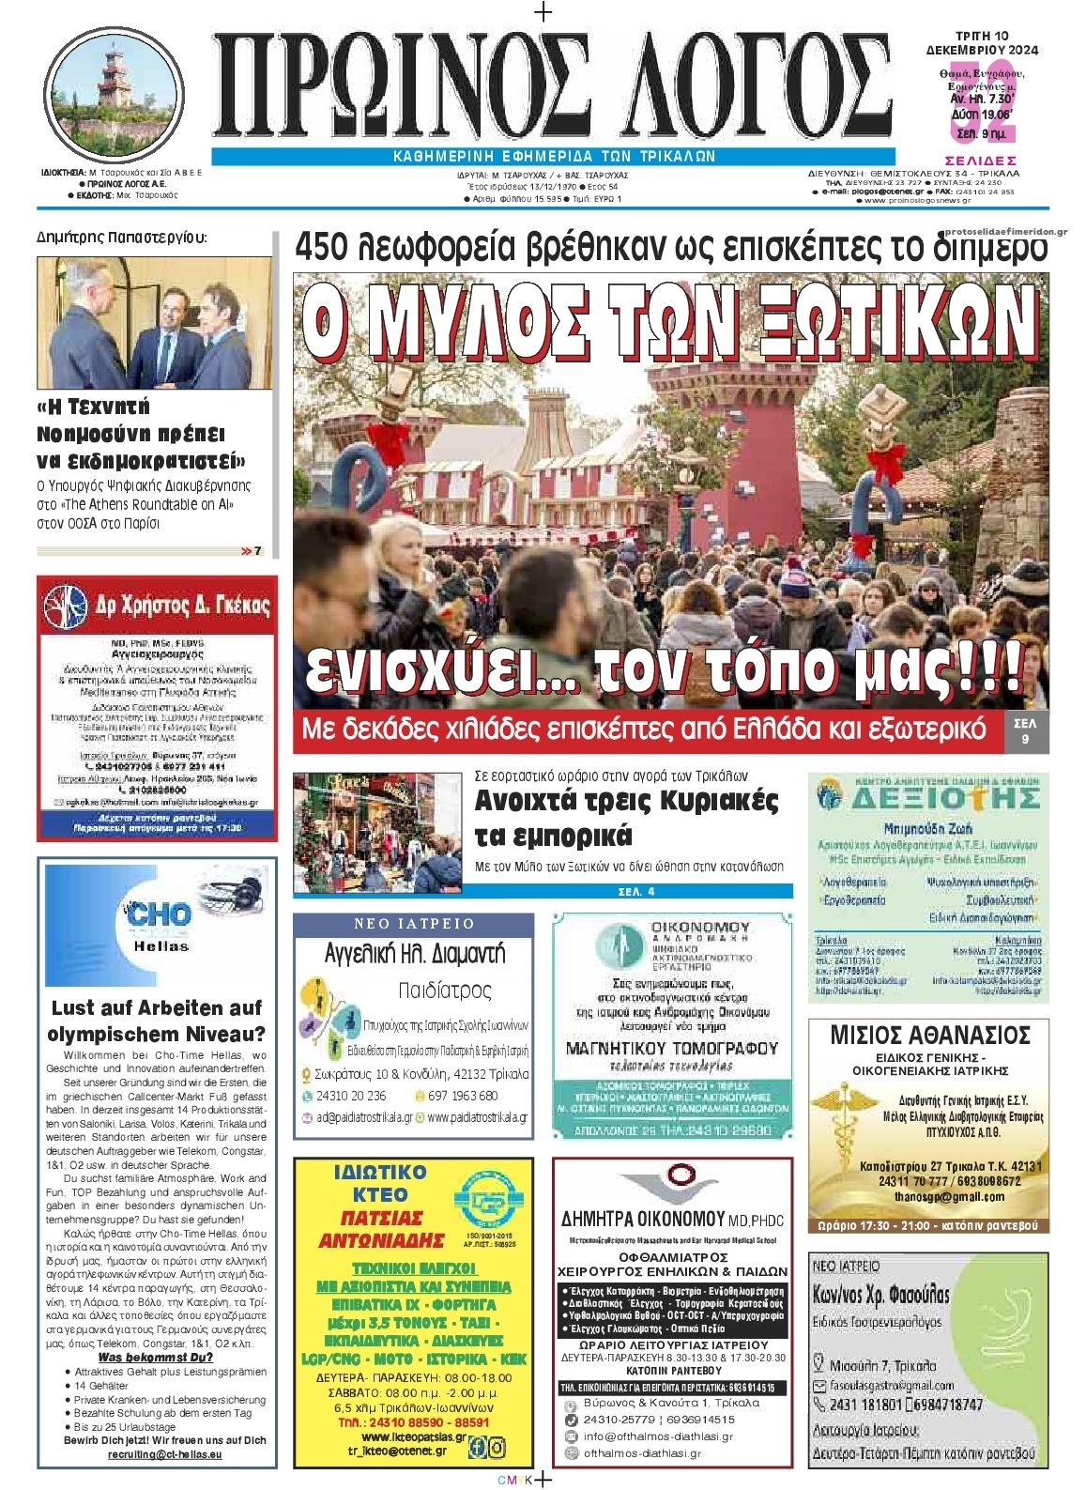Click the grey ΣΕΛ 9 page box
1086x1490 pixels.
click(1026, 731)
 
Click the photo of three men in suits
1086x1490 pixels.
click(154, 324)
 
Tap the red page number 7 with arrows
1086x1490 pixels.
click(252, 551)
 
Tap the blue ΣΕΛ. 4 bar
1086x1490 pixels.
click(635, 891)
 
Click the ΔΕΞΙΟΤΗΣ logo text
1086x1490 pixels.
click(943, 798)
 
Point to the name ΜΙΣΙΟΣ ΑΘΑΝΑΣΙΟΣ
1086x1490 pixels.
click(929, 1036)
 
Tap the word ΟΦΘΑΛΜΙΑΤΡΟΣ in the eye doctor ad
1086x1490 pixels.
click(673, 1256)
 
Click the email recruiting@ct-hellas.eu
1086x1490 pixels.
click(165, 1453)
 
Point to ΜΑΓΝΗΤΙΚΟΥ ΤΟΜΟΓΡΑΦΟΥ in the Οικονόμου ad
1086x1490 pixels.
click(671, 1048)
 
